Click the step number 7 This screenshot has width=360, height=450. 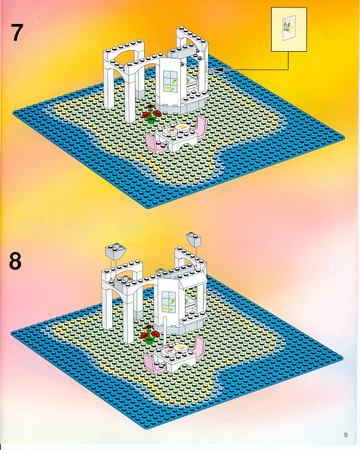click(x=17, y=33)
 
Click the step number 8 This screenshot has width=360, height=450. click(x=16, y=261)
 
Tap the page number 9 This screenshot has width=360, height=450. click(x=345, y=435)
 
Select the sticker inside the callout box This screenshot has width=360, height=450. click(x=289, y=29)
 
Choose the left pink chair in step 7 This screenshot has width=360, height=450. click(x=156, y=143)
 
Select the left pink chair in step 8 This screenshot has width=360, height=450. click(x=154, y=364)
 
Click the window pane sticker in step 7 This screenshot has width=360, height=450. click(x=170, y=82)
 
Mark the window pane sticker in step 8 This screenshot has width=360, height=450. click(x=169, y=303)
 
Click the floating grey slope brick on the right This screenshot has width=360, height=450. click(x=194, y=239)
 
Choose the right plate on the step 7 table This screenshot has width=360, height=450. click(x=181, y=127)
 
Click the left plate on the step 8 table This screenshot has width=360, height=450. click(x=168, y=352)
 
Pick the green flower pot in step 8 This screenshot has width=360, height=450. click(x=149, y=341)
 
